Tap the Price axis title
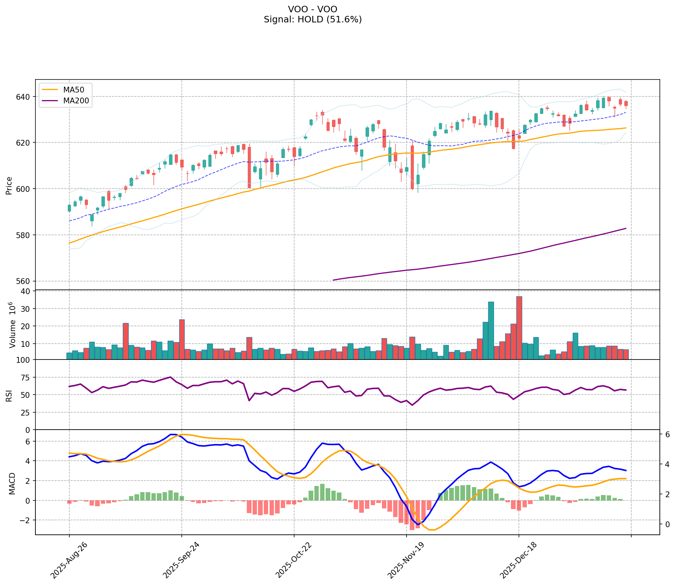click(x=9, y=185)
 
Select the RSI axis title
click(x=9, y=395)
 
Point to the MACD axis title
click(x=12, y=483)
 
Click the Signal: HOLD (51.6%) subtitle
click(x=313, y=20)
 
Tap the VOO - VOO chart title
click(x=313, y=9)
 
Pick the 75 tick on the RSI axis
click(x=26, y=377)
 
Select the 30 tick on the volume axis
click(x=26, y=309)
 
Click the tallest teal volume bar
click(x=491, y=330)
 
